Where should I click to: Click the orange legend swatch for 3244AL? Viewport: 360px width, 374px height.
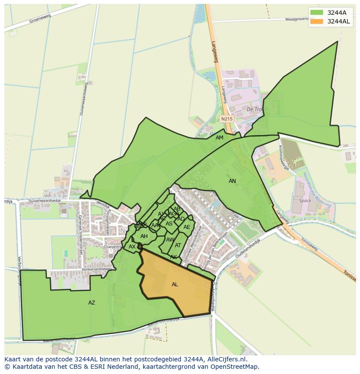click(x=317, y=21)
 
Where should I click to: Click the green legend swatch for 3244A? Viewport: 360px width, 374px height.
click(x=317, y=13)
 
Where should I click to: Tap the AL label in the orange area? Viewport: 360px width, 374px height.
click(x=175, y=285)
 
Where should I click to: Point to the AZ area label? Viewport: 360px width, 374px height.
click(x=92, y=303)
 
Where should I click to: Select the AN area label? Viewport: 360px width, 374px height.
click(x=232, y=181)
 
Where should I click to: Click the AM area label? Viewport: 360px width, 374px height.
click(x=220, y=138)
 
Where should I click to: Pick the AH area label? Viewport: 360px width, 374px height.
click(x=144, y=236)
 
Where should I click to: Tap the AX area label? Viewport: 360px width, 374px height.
click(x=132, y=247)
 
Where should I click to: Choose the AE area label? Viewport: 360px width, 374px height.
click(x=187, y=227)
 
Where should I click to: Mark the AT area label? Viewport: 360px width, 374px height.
click(x=178, y=245)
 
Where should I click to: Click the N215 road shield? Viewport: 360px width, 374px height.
click(x=227, y=119)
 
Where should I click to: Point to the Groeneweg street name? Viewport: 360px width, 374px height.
click(x=40, y=18)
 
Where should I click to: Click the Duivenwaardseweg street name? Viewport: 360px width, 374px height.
click(x=81, y=99)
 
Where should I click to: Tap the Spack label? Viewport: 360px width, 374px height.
click(x=306, y=201)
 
